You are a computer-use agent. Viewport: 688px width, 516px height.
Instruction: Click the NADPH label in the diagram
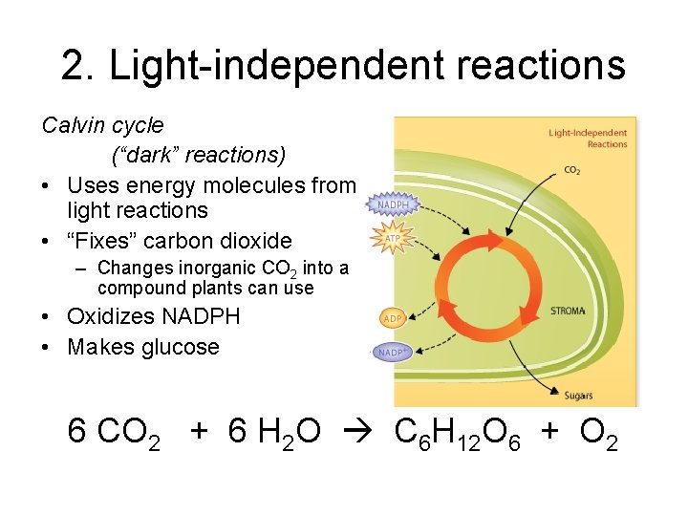tap(393, 204)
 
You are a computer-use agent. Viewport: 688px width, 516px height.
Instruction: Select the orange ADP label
tap(393, 317)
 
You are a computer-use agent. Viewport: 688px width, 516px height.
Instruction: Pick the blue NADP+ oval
tap(392, 353)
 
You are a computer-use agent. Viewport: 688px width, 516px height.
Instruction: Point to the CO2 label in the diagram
tap(571, 171)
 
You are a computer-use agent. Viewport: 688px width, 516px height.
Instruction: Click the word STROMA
tap(568, 312)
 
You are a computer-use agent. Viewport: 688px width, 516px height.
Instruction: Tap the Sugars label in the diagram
tap(578, 396)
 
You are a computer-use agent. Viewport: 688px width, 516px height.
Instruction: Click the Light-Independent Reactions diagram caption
tap(588, 139)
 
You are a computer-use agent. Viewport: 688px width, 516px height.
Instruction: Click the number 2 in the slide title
tap(74, 66)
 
